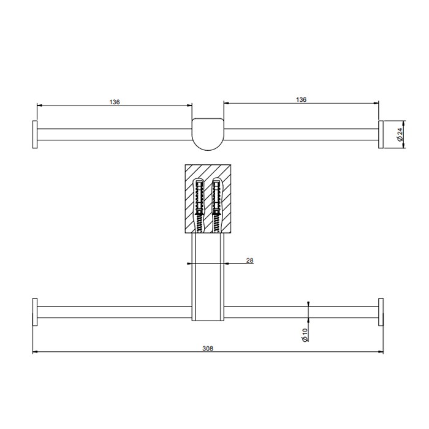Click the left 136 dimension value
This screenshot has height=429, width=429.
(x=115, y=102)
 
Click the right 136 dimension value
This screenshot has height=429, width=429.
(x=301, y=99)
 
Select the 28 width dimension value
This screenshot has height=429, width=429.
(x=249, y=260)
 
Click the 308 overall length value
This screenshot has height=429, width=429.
(x=208, y=347)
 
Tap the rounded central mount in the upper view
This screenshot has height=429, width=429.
(x=207, y=132)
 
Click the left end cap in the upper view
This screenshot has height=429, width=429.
(x=36, y=134)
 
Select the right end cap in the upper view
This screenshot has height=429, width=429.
(x=381, y=134)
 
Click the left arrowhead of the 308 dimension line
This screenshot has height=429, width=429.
(x=35, y=352)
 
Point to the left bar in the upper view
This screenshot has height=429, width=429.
(x=115, y=134)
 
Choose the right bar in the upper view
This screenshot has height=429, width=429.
(x=300, y=134)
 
